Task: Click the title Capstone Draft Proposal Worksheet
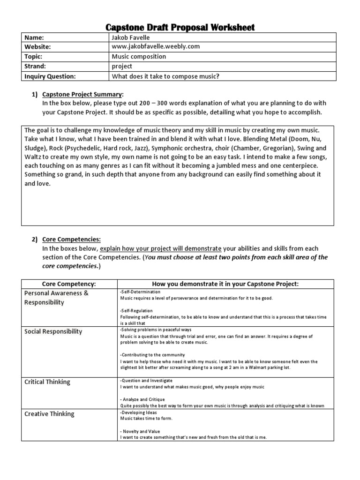[x=180, y=27]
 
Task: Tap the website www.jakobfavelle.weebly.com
[x=156, y=47]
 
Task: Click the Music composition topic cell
[x=139, y=57]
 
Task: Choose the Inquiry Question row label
[x=49, y=76]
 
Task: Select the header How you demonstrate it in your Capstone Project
[x=225, y=284]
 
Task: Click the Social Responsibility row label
[x=53, y=331]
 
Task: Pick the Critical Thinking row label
[x=47, y=382]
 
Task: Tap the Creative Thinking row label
[x=49, y=414]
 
